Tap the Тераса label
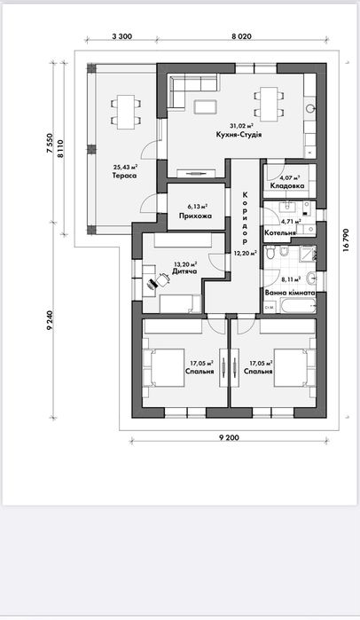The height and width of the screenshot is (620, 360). tap(123, 176)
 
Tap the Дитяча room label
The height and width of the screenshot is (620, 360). tap(184, 272)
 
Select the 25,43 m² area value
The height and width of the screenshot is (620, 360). tap(123, 166)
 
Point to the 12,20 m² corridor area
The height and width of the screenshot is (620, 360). tap(245, 253)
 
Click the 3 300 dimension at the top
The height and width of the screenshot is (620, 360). tap(122, 36)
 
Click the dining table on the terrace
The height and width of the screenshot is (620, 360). tap(123, 112)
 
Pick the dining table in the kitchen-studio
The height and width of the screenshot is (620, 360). tap(270, 104)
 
